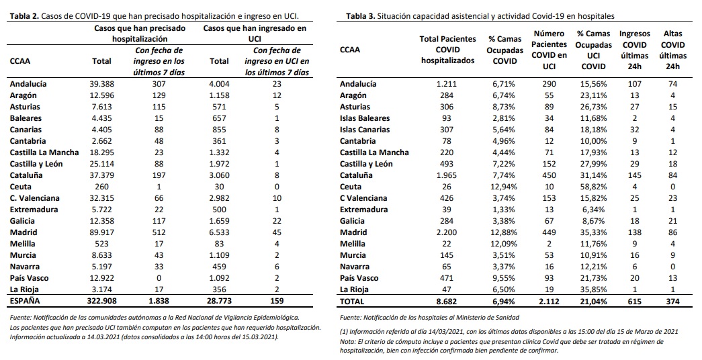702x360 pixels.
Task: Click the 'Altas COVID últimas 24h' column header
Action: pyautogui.click(x=672, y=50)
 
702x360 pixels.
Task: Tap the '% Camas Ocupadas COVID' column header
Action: pyautogui.click(x=505, y=50)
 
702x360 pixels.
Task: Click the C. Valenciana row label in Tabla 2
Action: pyautogui.click(x=35, y=198)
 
